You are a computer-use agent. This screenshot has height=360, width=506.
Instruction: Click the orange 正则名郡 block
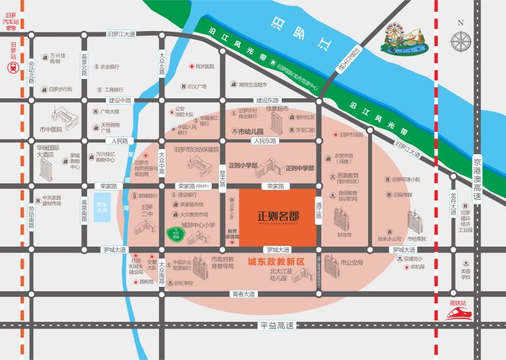click(x=277, y=217)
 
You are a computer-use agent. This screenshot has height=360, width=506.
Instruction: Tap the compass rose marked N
click(x=460, y=40)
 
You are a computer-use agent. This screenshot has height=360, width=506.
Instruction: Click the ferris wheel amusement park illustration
click(x=404, y=38)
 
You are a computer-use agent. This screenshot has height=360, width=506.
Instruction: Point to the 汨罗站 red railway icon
click(x=13, y=66)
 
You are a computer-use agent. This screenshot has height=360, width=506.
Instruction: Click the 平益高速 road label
click(x=276, y=325)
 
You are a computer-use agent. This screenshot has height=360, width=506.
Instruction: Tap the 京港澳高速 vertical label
click(x=478, y=181)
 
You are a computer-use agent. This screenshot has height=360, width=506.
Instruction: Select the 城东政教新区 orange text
click(x=275, y=261)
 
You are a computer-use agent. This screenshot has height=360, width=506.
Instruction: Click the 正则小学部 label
click(x=243, y=166)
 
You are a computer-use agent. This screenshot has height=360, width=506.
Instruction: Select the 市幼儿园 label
click(x=250, y=131)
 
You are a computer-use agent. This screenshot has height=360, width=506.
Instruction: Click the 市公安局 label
click(x=352, y=262)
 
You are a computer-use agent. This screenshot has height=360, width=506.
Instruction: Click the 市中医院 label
click(x=50, y=129)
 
